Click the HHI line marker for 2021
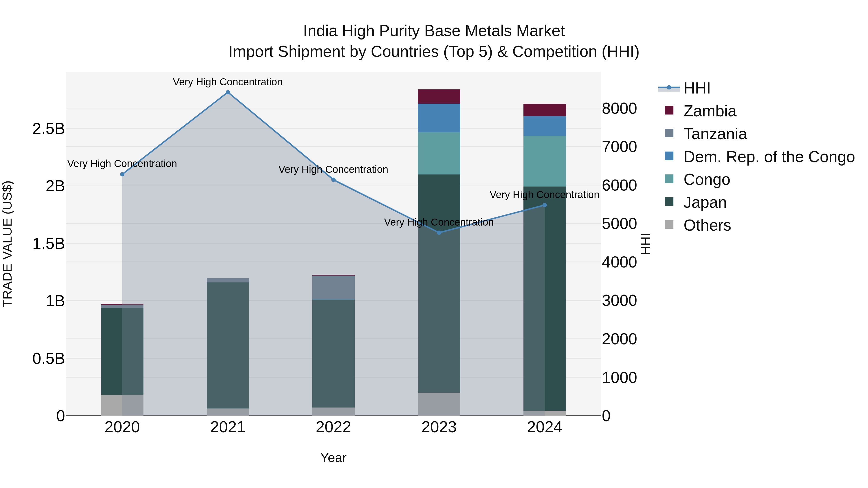[228, 92]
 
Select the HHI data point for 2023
[439, 233]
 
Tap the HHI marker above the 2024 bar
[544, 205]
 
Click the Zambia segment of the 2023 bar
[439, 97]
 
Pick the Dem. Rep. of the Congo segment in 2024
[544, 126]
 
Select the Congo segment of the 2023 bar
[439, 153]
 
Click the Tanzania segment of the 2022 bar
[333, 287]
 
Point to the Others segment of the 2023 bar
[439, 404]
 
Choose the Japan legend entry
[705, 202]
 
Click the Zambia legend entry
[709, 111]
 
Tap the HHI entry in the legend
[697, 88]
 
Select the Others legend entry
[707, 225]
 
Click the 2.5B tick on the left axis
[48, 129]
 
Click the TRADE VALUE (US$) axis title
[8, 244]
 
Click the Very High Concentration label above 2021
[228, 82]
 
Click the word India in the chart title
[320, 31]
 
